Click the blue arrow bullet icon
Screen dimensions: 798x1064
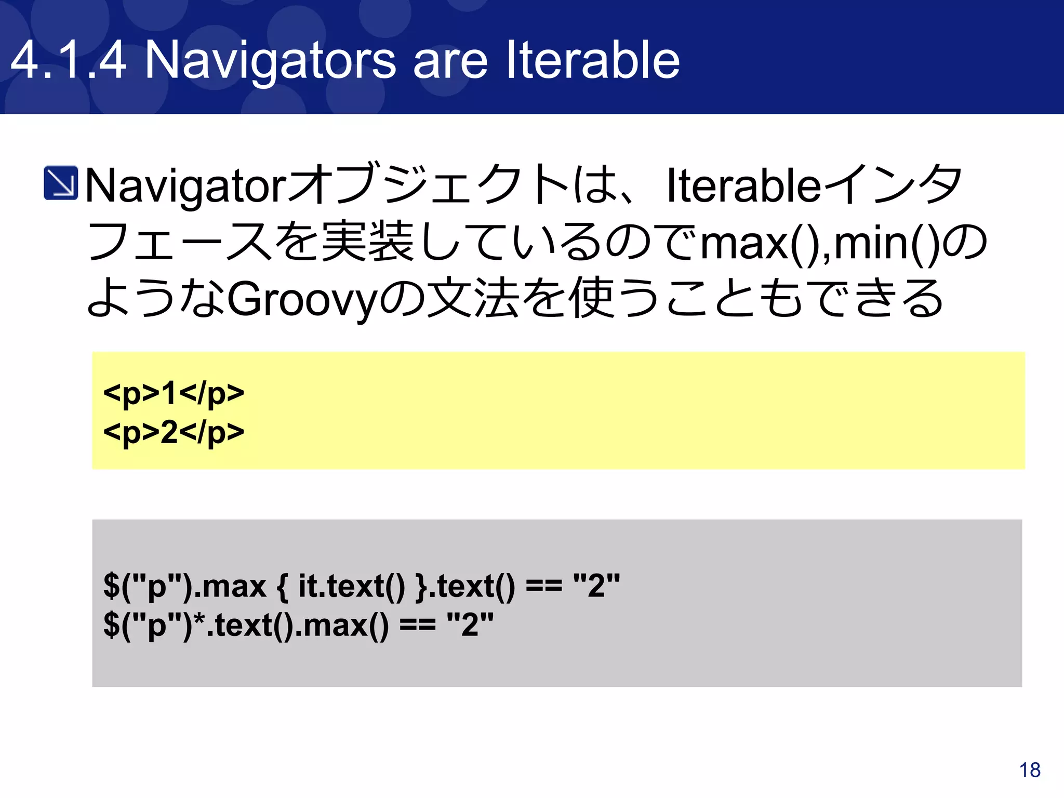61,183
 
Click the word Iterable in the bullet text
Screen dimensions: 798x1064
743,186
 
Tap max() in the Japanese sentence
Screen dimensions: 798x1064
764,243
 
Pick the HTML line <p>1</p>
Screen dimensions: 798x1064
174,393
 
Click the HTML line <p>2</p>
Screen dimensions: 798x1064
174,432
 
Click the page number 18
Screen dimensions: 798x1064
1030,770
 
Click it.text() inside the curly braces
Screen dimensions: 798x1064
351,587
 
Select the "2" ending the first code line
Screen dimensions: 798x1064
596,587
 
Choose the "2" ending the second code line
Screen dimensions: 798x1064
470,625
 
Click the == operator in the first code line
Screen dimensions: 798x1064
544,587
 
